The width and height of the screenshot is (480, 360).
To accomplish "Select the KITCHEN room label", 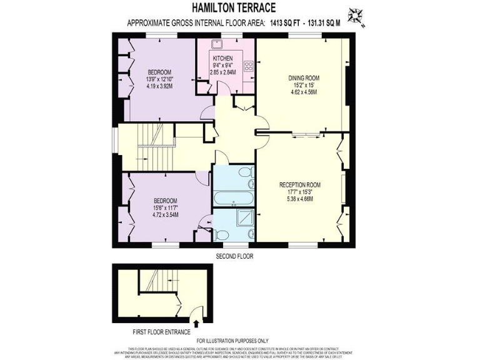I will (x=222, y=58).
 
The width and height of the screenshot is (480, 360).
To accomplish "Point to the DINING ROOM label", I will (x=304, y=78).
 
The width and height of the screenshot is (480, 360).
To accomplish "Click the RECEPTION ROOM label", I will (x=300, y=185).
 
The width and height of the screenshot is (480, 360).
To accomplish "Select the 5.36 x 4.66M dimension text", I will (x=300, y=199).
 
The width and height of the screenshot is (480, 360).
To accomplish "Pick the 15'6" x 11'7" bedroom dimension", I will (x=165, y=207).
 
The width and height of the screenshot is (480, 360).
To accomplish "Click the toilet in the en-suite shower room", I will (x=221, y=235).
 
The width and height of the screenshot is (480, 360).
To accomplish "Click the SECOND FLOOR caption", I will (x=234, y=256).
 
